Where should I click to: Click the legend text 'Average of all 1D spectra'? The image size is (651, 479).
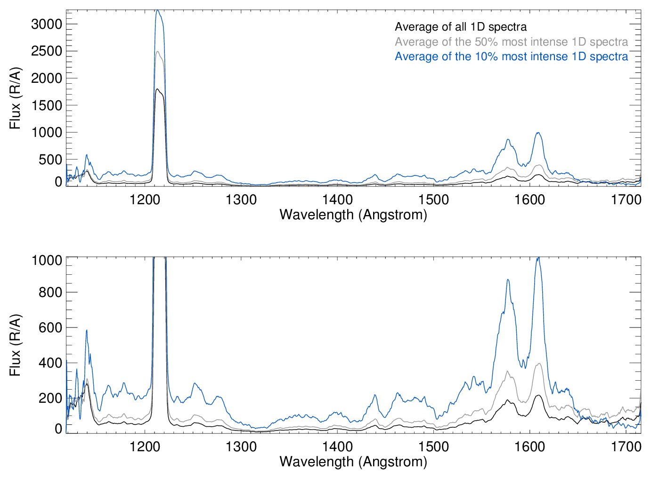click(x=460, y=27)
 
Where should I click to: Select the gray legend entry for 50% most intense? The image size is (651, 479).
click(x=511, y=42)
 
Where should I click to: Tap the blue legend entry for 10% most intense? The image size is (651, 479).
click(x=511, y=56)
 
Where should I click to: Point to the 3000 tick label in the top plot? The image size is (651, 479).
click(x=47, y=24)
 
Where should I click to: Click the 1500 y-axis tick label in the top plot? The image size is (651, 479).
click(x=47, y=105)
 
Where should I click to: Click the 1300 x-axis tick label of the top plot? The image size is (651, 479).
click(x=241, y=200)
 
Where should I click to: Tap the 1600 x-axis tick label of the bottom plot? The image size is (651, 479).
click(x=530, y=446)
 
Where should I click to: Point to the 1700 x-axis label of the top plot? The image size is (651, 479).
click(x=626, y=200)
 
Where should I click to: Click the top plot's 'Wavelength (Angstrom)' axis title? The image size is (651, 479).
click(x=353, y=215)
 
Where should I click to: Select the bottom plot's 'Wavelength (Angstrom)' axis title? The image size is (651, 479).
click(x=353, y=462)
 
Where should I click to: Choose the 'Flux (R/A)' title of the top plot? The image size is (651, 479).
click(x=15, y=98)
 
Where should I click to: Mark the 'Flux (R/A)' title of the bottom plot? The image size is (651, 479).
click(x=15, y=345)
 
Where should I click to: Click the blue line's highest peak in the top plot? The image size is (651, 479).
click(x=158, y=10)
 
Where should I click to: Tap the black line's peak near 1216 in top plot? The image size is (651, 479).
click(x=157, y=89)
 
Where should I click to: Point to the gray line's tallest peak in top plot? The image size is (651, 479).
click(x=158, y=52)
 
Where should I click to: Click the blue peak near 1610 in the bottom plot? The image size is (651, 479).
click(x=538, y=258)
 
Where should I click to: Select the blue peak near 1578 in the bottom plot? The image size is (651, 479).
click(x=508, y=280)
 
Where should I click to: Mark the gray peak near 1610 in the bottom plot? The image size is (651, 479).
click(x=539, y=363)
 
